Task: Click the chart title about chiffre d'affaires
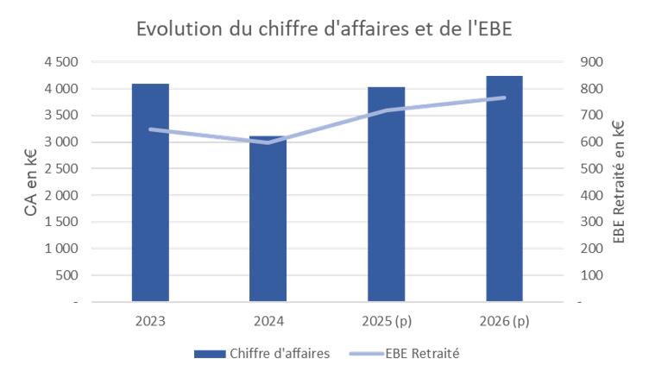point(324,28)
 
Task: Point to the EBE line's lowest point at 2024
point(268,142)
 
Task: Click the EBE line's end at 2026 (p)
point(504,98)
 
